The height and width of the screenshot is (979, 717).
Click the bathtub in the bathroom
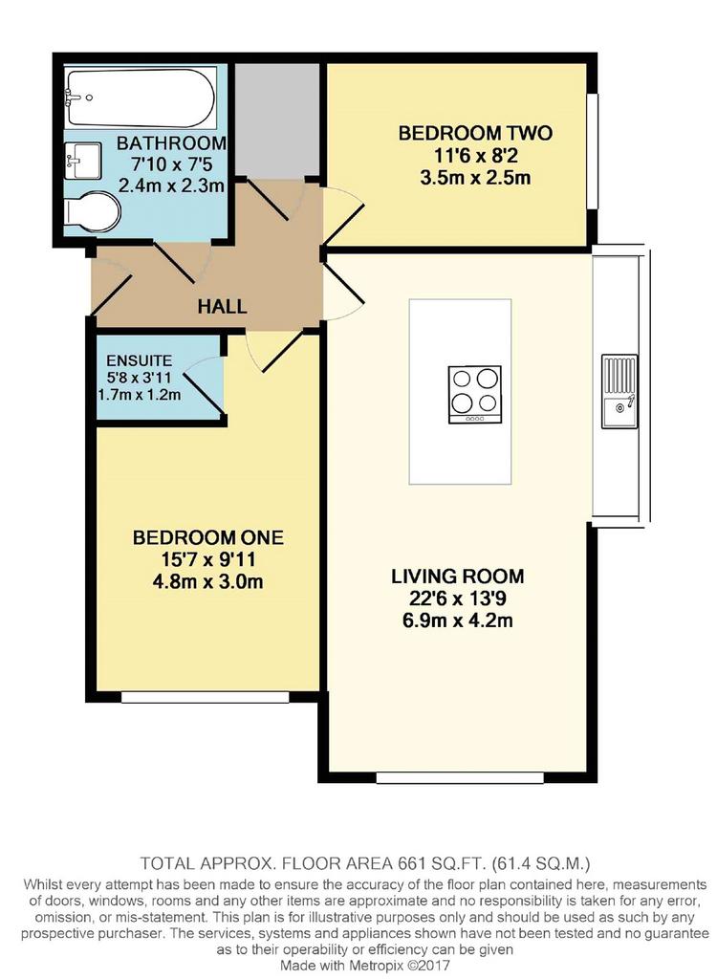[141, 98]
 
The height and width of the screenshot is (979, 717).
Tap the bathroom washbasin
[82, 161]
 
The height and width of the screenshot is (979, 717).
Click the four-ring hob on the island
[475, 393]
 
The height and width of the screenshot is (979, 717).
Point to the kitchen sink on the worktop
[619, 391]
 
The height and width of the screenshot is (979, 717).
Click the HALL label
[223, 307]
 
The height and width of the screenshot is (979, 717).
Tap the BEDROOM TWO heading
[475, 133]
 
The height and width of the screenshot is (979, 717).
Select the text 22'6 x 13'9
[457, 598]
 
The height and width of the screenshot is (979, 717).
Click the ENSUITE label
[139, 360]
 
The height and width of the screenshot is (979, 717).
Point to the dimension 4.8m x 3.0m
[207, 582]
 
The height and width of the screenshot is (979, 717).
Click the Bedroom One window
[205, 697]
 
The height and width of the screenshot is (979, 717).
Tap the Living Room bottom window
[460, 777]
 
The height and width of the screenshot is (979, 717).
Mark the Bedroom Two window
[593, 152]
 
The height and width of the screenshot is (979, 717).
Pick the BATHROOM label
[172, 143]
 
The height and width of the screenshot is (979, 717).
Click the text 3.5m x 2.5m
[475, 178]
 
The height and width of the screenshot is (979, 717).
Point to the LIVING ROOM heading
[458, 577]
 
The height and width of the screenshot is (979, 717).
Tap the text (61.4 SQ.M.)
[541, 863]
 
